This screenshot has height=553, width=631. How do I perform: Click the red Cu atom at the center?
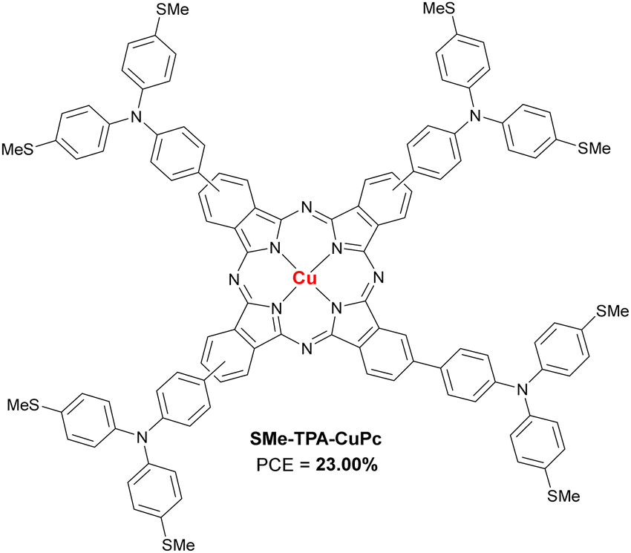click(304, 279)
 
